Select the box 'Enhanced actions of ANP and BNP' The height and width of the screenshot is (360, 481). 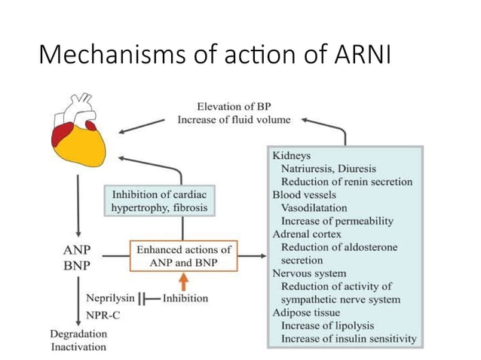point(183,256)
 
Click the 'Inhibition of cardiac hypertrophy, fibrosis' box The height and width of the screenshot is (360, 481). point(158,201)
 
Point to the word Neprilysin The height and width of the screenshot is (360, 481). point(109,298)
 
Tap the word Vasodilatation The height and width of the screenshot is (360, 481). point(314,208)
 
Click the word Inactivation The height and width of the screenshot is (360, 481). point(78,347)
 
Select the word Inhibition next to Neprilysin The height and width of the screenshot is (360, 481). point(185,298)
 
